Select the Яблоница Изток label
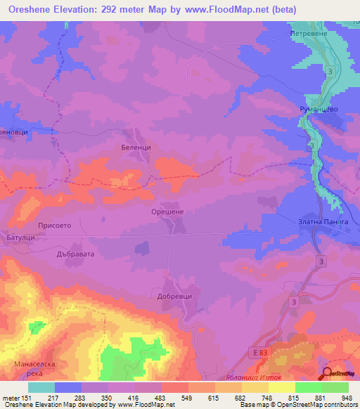[279, 377]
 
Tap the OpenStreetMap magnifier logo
[328, 374]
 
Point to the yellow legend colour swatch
[281, 387]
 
